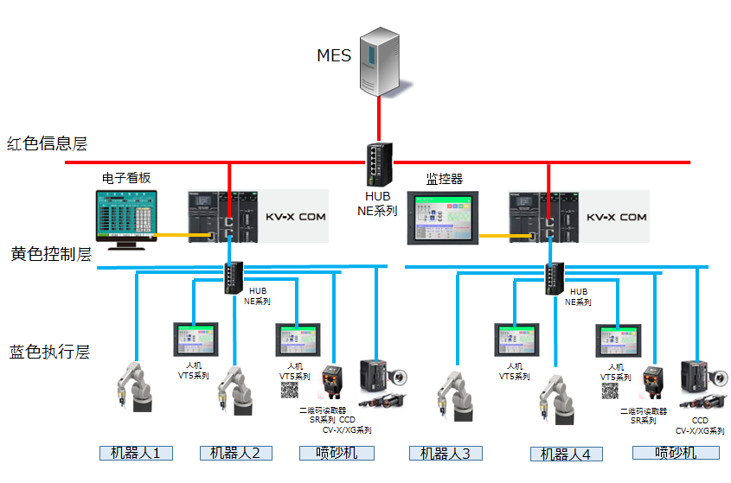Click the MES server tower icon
pos(381,60)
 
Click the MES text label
pos(334,56)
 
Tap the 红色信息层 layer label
pos(47,143)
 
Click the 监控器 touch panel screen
pos(442,218)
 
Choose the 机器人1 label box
pos(136,452)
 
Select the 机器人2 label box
pos(236,452)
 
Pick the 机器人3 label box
pos(446,453)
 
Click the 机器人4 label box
pos(566,454)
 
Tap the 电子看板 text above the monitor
pos(127,177)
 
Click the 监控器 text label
pos(444,179)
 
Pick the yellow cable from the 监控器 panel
pos(496,234)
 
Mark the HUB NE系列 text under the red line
pos(377,203)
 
